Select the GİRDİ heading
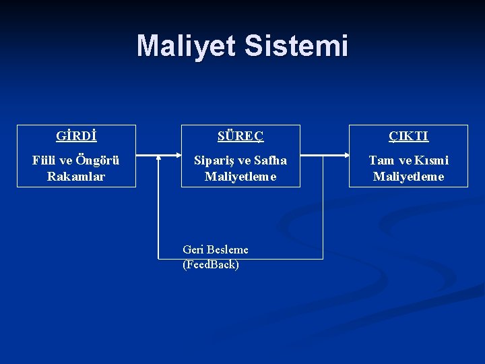pyautogui.click(x=76, y=136)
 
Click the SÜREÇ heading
pyautogui.click(x=240, y=136)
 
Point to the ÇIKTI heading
pyautogui.click(x=408, y=136)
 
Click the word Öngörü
pyautogui.click(x=97, y=160)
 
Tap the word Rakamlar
pyautogui.click(x=76, y=176)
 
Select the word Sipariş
pyautogui.click(x=214, y=160)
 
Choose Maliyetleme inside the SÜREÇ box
pyautogui.click(x=240, y=176)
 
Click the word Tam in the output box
pyautogui.click(x=381, y=160)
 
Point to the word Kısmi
pyautogui.click(x=431, y=160)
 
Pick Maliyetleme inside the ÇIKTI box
pyautogui.click(x=408, y=176)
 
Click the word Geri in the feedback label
pyautogui.click(x=193, y=249)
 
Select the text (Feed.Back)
pyautogui.click(x=210, y=264)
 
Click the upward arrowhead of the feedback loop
pyautogui.click(x=158, y=160)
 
